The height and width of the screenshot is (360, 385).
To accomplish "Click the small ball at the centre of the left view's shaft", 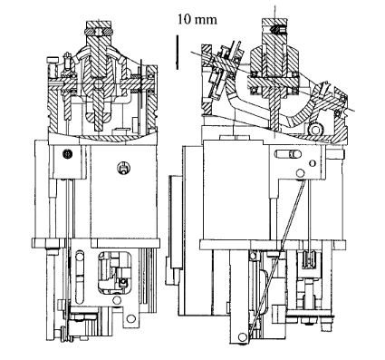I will pyautogui.click(x=98, y=83).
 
